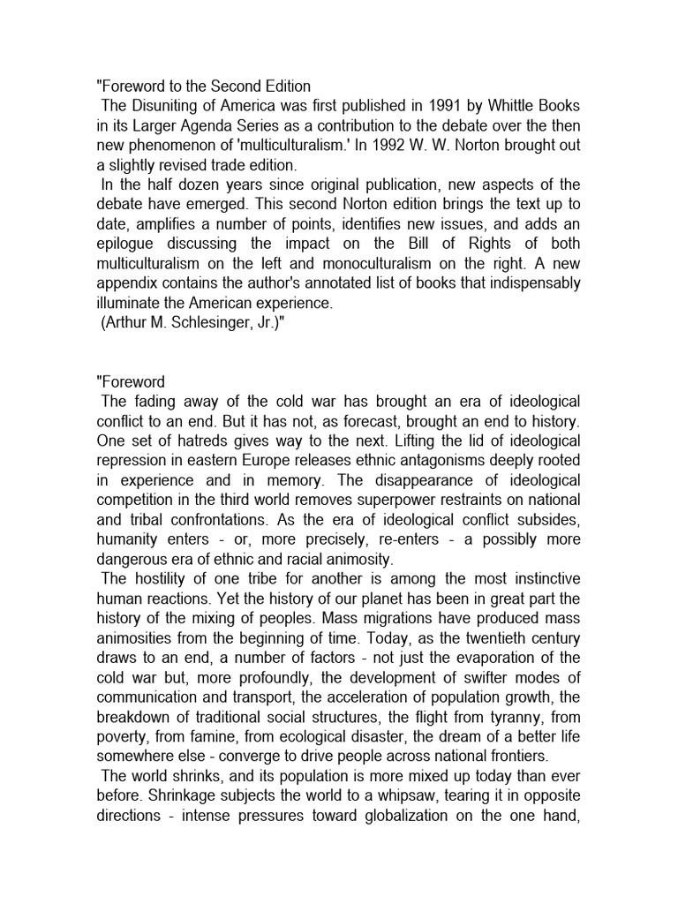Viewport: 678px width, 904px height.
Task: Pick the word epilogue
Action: pos(129,245)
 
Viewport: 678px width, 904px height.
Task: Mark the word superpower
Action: pos(386,499)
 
